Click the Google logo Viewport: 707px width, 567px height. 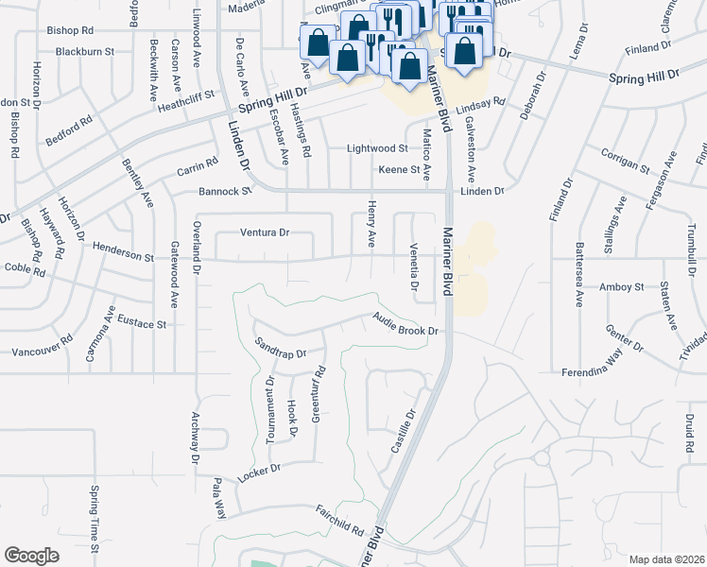31,555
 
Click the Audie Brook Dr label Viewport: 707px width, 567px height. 406,325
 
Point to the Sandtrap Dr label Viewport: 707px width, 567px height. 280,348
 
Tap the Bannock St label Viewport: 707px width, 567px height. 225,192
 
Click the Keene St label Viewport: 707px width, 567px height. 398,169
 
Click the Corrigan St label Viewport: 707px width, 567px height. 625,160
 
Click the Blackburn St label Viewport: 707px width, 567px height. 84,51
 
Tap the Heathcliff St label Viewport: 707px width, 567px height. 187,101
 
